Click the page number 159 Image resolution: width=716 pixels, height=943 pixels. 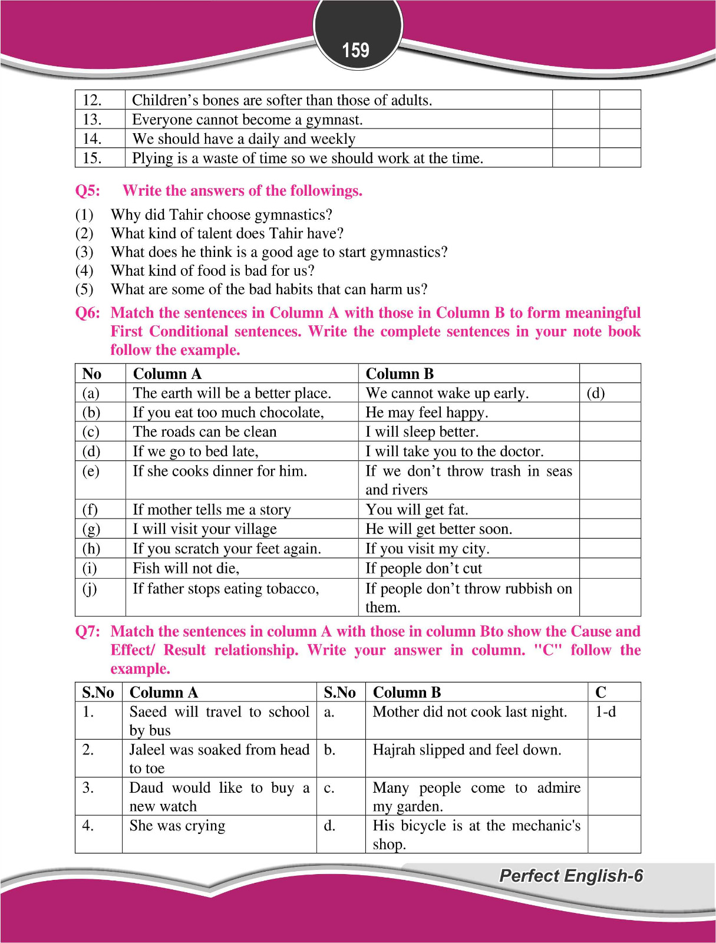356,50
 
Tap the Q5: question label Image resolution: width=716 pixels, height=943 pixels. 88,191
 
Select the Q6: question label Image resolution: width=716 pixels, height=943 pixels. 88,313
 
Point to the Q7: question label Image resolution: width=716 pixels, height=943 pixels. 88,632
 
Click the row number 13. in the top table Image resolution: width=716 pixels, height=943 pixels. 92,120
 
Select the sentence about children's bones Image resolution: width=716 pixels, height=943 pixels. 282,100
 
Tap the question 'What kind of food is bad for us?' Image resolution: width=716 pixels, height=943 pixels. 212,271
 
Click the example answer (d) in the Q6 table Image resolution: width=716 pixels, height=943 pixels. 595,393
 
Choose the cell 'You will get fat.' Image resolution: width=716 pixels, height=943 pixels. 417,509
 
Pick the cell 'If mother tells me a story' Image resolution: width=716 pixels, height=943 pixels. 212,509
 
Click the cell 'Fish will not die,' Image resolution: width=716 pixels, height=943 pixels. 186,568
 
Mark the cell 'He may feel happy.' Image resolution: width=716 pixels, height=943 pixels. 427,413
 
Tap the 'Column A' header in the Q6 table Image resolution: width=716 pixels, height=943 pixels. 167,374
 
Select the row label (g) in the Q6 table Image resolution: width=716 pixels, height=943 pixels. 91,529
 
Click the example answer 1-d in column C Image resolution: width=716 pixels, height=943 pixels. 605,712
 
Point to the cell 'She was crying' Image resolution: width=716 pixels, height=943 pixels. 177,826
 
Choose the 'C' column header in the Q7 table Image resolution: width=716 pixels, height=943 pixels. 600,693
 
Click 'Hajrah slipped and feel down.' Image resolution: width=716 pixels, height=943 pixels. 467,750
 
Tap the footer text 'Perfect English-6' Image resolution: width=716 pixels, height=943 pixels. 570,876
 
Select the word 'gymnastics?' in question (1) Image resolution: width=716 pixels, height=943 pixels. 293,215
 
